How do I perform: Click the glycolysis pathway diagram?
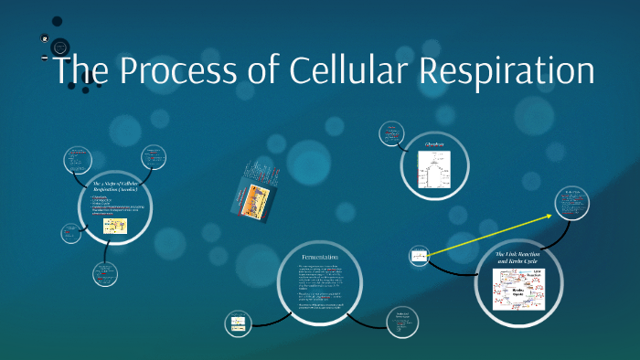[x=435, y=170]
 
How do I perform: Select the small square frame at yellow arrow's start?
[x=420, y=256]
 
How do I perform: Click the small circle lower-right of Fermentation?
[x=401, y=322]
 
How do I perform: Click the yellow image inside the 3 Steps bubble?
[x=113, y=226]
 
